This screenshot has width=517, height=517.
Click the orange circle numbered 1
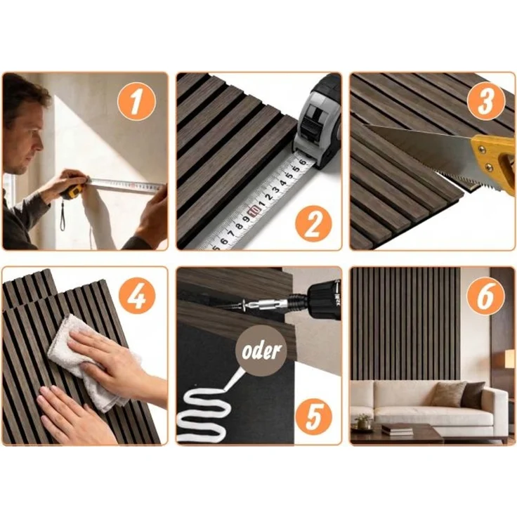(136, 101)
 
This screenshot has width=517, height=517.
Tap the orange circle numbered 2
(313, 225)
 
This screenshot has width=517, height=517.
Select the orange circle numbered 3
(486, 100)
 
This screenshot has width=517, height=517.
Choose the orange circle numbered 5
(313, 416)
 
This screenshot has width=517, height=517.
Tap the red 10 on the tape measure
(254, 210)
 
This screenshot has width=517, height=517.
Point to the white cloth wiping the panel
(89, 360)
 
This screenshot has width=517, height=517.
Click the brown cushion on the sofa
(446, 394)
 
